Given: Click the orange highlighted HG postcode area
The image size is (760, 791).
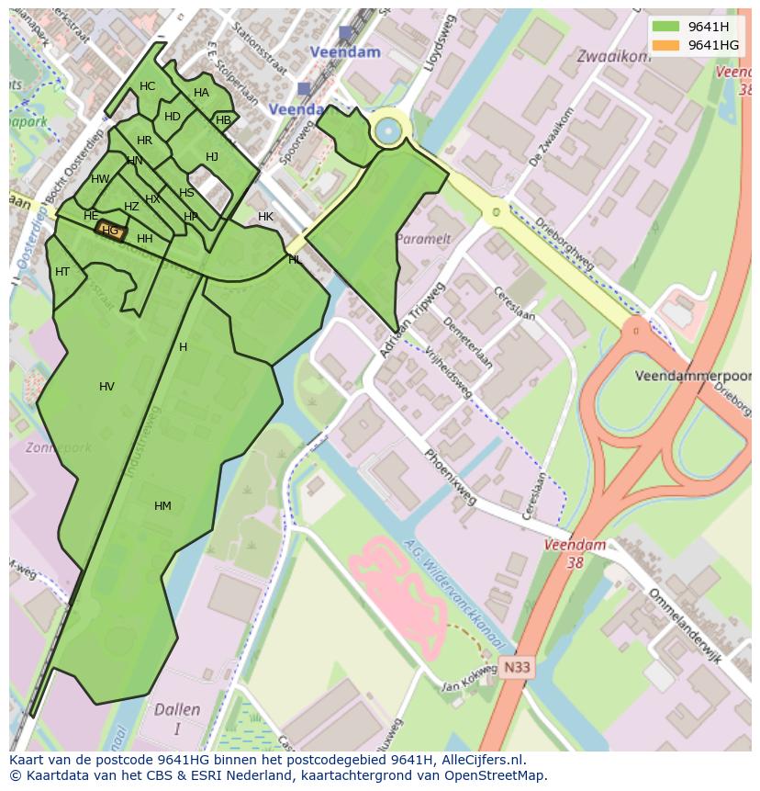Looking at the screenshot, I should click(111, 232).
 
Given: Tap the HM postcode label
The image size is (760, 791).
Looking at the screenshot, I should click(162, 506).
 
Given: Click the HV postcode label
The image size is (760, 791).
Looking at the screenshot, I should click(106, 387).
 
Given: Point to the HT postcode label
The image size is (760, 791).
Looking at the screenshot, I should click(62, 272).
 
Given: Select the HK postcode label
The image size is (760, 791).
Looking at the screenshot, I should click(265, 217).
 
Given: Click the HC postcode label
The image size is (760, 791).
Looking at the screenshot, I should click(147, 86).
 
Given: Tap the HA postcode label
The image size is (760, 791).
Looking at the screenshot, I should click(201, 93).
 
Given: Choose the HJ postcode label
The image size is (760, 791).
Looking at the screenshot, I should click(212, 157).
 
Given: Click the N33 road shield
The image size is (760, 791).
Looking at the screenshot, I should click(517, 668).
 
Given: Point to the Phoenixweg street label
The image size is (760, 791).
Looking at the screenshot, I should click(450, 477).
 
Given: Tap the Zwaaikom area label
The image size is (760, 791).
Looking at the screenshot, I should click(613, 56).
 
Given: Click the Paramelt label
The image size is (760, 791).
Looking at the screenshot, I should click(423, 239).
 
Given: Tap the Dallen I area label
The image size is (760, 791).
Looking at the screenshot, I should click(177, 718).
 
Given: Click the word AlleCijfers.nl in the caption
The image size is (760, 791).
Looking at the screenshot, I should click(484, 760).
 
